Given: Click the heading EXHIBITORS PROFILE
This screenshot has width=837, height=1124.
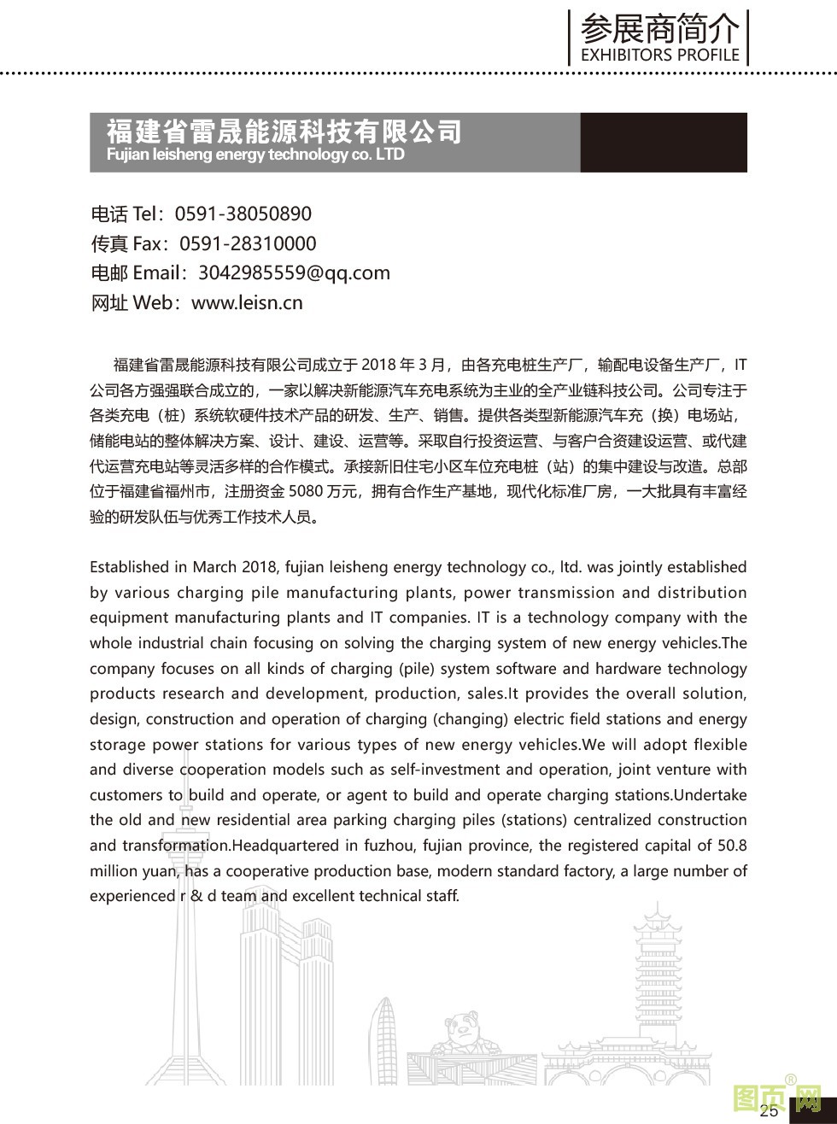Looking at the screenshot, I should click(659, 55).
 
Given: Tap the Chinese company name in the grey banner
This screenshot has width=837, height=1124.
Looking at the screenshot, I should click(284, 131).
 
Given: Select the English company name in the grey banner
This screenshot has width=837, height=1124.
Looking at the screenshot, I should click(255, 155).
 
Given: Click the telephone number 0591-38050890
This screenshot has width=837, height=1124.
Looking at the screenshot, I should click(243, 214).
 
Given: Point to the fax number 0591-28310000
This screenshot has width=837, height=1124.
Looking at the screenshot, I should click(248, 243).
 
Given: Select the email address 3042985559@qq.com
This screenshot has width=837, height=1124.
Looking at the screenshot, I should click(294, 272).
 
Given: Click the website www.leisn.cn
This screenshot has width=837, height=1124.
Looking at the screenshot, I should click(247, 302).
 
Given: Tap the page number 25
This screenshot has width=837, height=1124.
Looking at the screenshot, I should click(768, 1110).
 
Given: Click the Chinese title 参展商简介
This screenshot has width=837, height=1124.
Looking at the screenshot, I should click(659, 29).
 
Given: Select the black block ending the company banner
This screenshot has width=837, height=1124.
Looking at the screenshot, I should click(663, 142).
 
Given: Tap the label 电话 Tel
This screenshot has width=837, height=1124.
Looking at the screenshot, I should click(126, 214).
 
